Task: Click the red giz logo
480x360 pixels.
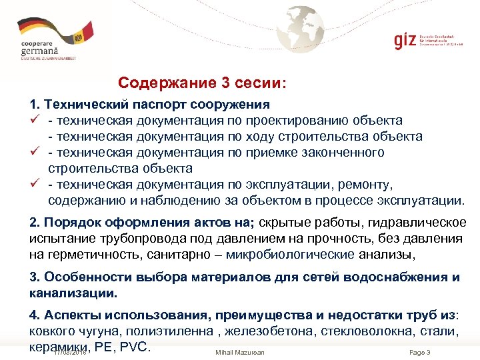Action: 405,40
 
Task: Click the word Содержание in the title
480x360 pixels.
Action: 161,83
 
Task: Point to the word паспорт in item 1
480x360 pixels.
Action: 158,104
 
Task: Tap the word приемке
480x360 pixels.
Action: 279,153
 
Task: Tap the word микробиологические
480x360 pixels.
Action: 283,255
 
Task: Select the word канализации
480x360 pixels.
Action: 73,293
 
